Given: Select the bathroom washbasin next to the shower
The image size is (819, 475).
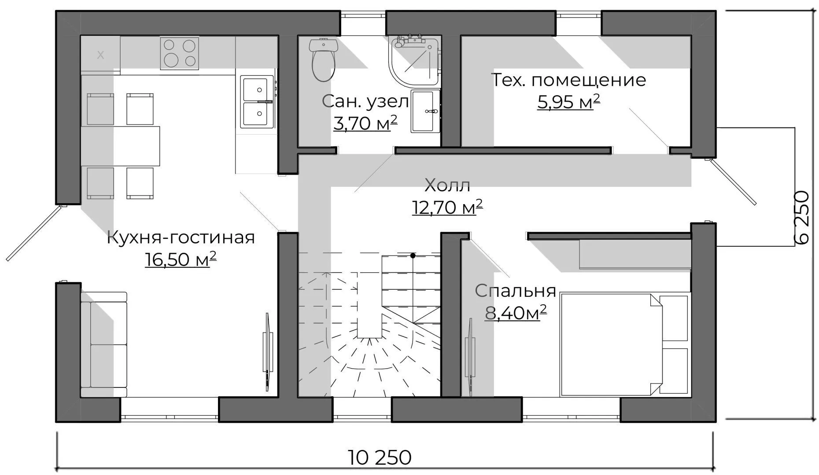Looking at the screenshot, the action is point(425,111).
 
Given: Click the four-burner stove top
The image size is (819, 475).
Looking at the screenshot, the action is point(179,53).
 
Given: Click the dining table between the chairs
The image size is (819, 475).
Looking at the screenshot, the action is point(120,146).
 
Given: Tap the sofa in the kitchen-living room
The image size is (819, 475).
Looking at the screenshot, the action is point(104,344).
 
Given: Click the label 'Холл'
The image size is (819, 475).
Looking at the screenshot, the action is point(447,185).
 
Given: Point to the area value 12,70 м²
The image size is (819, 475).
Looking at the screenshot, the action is point(447,207).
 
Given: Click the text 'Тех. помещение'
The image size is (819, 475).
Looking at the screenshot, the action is point(568,80).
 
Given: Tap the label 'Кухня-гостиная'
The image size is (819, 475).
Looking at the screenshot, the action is point(181,238).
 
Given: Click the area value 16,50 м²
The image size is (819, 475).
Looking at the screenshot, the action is point(181,259).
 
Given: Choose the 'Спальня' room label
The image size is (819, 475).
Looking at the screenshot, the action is point(515,291).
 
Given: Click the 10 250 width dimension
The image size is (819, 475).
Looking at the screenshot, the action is point(380,457).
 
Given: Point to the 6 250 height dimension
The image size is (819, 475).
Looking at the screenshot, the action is point(803,217).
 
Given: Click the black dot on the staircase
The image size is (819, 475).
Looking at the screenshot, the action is point(413,256).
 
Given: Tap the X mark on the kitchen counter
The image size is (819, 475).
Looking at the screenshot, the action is point(101,55).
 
